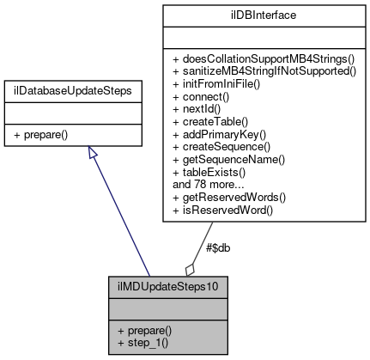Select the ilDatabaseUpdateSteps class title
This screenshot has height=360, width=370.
pyautogui.click(x=89, y=88)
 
